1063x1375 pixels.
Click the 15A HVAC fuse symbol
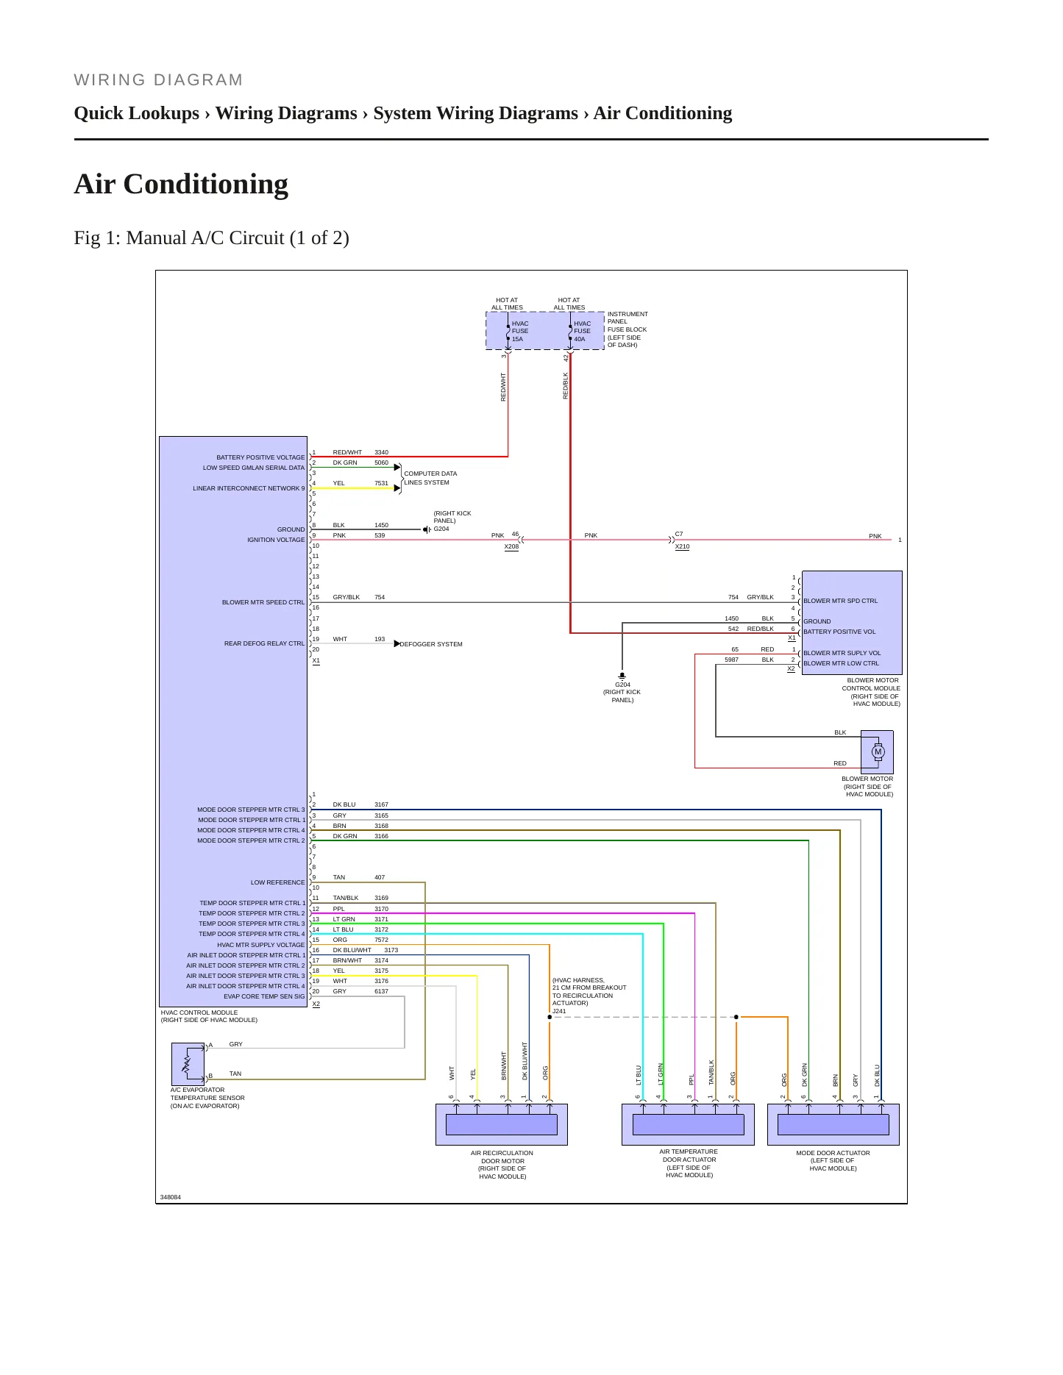pos(508,332)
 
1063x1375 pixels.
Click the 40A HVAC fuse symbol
pos(570,332)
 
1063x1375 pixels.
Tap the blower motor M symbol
pos(878,751)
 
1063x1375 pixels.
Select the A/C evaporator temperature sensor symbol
pos(188,1063)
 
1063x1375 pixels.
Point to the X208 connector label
pos(511,547)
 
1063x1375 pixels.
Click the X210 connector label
pos(682,547)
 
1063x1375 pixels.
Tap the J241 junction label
pos(560,1011)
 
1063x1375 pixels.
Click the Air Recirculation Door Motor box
pos(502,1124)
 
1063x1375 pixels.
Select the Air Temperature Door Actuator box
pos(688,1124)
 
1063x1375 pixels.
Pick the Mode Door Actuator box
pos(833,1124)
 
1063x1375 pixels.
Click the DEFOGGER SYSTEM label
pos(431,644)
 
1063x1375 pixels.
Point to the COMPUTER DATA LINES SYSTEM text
pos(430,478)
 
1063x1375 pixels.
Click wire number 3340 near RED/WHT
pos(381,452)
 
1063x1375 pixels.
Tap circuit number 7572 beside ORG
pos(381,940)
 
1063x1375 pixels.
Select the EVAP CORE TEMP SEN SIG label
pos(264,996)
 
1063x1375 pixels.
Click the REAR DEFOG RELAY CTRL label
pos(264,643)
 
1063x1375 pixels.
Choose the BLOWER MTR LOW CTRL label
pos(841,663)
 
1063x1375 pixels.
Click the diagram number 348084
pos(171,1197)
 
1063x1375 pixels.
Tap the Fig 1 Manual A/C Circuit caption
pos(212,238)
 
